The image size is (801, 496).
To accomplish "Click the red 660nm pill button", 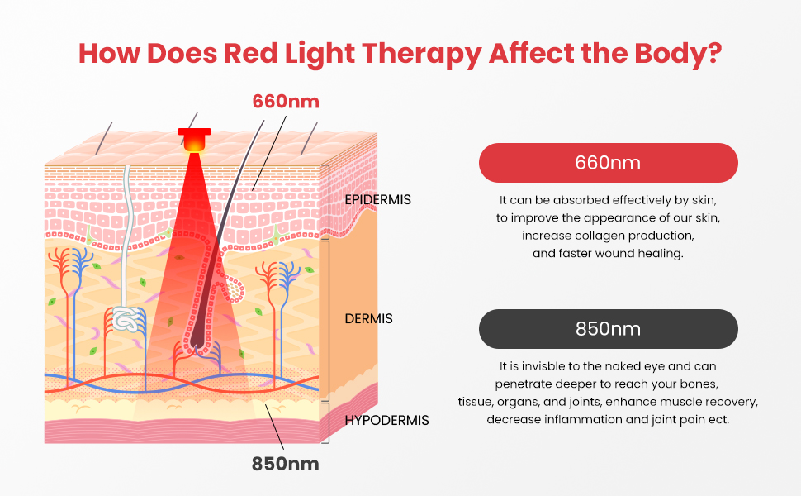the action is [x=608, y=163].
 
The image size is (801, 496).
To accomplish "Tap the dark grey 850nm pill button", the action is [x=608, y=328].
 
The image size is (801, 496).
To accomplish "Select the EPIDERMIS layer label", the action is [x=377, y=199].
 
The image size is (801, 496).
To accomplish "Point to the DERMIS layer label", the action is [x=368, y=318].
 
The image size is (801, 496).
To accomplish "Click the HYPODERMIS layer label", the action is [x=386, y=420].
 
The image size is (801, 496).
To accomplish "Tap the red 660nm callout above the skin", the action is [x=285, y=101].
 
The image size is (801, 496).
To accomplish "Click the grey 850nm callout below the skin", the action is [x=285, y=464].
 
